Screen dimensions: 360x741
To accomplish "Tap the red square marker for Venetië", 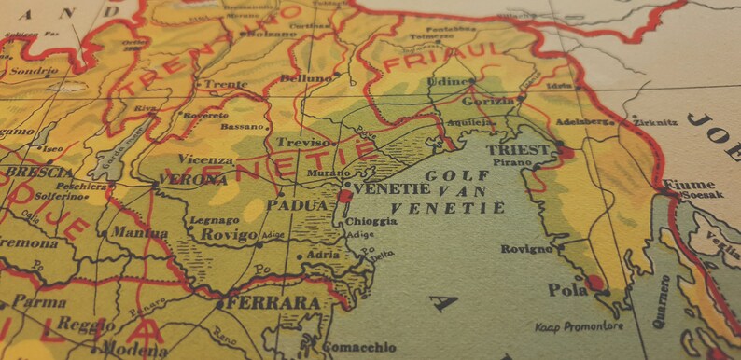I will (x=344, y=197).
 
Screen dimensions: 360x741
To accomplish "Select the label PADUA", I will (x=297, y=205).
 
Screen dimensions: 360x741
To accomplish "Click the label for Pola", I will (x=567, y=291).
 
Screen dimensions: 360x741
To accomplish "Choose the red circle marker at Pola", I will (x=594, y=282).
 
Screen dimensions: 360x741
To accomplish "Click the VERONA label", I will (x=192, y=179).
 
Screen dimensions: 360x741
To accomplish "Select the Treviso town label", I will (x=303, y=143).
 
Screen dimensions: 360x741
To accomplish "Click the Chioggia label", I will (x=370, y=221).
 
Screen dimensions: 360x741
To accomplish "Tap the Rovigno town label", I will (x=526, y=249).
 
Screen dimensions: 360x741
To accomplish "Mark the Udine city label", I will (x=446, y=82).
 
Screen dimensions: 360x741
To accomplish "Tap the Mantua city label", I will (x=140, y=232).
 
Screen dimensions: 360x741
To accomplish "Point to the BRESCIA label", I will (x=38, y=173).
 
